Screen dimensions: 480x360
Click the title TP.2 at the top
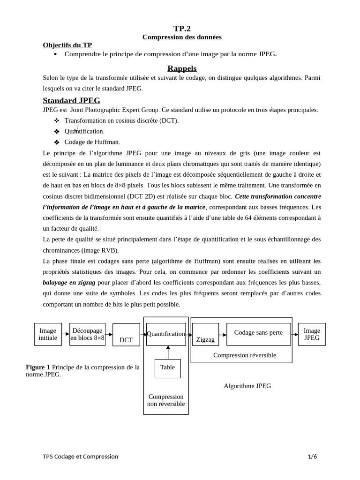click(x=182, y=29)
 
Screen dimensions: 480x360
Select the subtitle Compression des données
click(x=182, y=37)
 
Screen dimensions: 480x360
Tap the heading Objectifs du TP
click(x=67, y=45)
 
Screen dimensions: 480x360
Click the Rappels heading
click(x=182, y=68)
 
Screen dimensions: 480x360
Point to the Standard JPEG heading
click(x=71, y=100)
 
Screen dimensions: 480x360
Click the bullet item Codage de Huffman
click(x=92, y=142)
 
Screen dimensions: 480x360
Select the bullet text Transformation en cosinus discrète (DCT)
click(x=121, y=120)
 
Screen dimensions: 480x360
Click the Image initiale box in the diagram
click(x=48, y=334)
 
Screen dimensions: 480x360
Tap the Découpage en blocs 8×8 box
click(x=87, y=334)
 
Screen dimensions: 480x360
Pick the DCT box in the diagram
click(x=126, y=335)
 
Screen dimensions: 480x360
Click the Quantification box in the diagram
click(x=166, y=334)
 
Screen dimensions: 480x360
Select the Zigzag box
click(x=205, y=335)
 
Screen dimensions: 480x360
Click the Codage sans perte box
click(x=258, y=334)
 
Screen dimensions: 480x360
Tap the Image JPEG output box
click(x=312, y=334)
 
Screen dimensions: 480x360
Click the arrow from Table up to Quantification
click(x=168, y=352)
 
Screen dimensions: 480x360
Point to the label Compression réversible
click(x=245, y=355)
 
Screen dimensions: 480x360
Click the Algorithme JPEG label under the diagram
click(x=247, y=386)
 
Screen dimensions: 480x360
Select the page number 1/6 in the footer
click(x=312, y=457)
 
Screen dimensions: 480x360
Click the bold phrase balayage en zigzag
click(x=69, y=283)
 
